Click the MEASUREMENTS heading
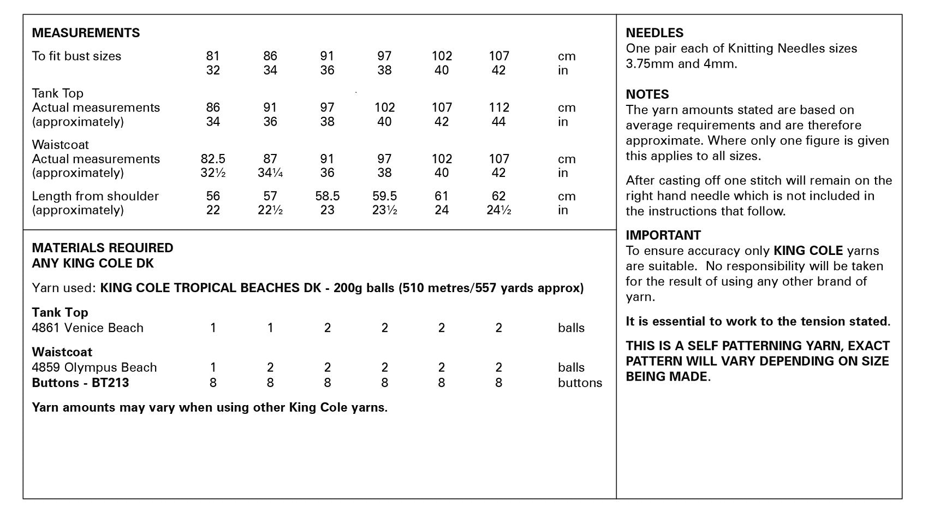pos(86,33)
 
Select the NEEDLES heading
pos(655,33)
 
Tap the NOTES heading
pos(647,94)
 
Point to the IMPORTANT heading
pos(663,235)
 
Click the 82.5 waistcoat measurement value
pos(213,159)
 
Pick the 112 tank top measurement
pos(498,108)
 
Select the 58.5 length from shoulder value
pos(327,196)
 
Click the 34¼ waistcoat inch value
pos(270,173)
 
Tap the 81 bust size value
pos(213,56)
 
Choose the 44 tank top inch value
pos(498,122)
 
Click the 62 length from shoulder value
pos(498,196)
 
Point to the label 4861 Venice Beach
pos(87,328)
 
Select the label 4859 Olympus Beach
pos(94,367)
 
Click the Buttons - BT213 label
pos(80,383)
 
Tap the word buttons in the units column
pos(580,383)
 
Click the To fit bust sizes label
pos(76,56)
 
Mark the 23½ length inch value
pos(384,210)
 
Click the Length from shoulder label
pos(95,196)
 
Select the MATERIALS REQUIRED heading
pos(103,248)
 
